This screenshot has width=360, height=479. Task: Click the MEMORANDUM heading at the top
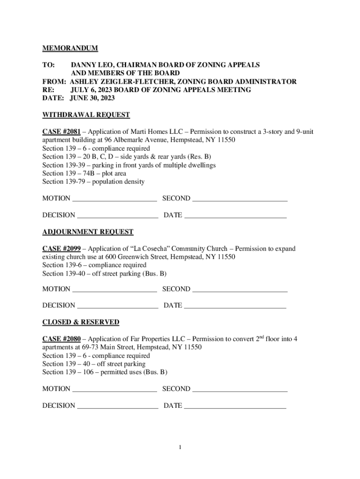tap(70, 48)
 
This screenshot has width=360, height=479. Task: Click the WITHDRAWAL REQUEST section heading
tap(86, 115)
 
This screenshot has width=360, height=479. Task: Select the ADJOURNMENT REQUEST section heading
tap(88, 232)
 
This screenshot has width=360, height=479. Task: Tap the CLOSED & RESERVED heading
tap(81, 322)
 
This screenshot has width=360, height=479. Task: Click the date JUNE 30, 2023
tap(92, 98)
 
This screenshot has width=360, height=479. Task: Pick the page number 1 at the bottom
tap(180, 448)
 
